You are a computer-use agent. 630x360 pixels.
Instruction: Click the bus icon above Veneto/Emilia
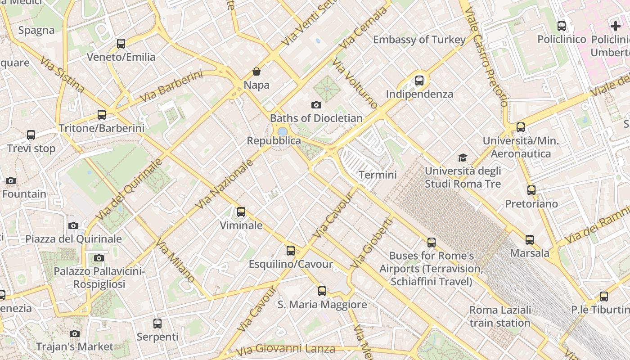coord(121,44)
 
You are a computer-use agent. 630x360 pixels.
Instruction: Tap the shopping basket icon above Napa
coord(256,72)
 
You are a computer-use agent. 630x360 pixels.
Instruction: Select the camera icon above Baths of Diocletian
coord(316,105)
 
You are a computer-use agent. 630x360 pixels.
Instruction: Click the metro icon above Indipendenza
coord(419,81)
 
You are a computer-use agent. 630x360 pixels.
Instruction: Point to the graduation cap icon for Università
coord(463,157)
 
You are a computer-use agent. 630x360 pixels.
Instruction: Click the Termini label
coord(378,175)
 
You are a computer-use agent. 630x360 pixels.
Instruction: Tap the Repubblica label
coord(274,141)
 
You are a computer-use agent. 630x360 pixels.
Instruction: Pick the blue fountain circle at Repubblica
coord(283,131)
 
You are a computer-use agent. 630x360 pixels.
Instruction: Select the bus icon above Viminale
coord(241,211)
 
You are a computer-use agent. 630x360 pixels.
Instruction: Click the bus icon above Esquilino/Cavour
coord(291,251)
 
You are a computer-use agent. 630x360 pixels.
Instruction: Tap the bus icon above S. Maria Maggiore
coord(322,291)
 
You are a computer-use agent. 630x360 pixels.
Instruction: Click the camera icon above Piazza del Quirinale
coord(73,225)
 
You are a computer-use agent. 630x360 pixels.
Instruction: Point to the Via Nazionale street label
coord(224,184)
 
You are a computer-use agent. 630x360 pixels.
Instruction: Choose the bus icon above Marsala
coord(530,240)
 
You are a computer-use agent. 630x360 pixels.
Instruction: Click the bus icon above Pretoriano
coord(531,190)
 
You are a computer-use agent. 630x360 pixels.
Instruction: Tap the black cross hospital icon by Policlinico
coord(615,26)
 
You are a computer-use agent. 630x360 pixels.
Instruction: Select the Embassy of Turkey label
coord(419,40)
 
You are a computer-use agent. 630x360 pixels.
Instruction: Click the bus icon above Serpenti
coord(157,323)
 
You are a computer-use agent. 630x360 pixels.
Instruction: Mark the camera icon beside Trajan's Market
coord(75,333)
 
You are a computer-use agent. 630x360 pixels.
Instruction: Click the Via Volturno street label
coord(355,84)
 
